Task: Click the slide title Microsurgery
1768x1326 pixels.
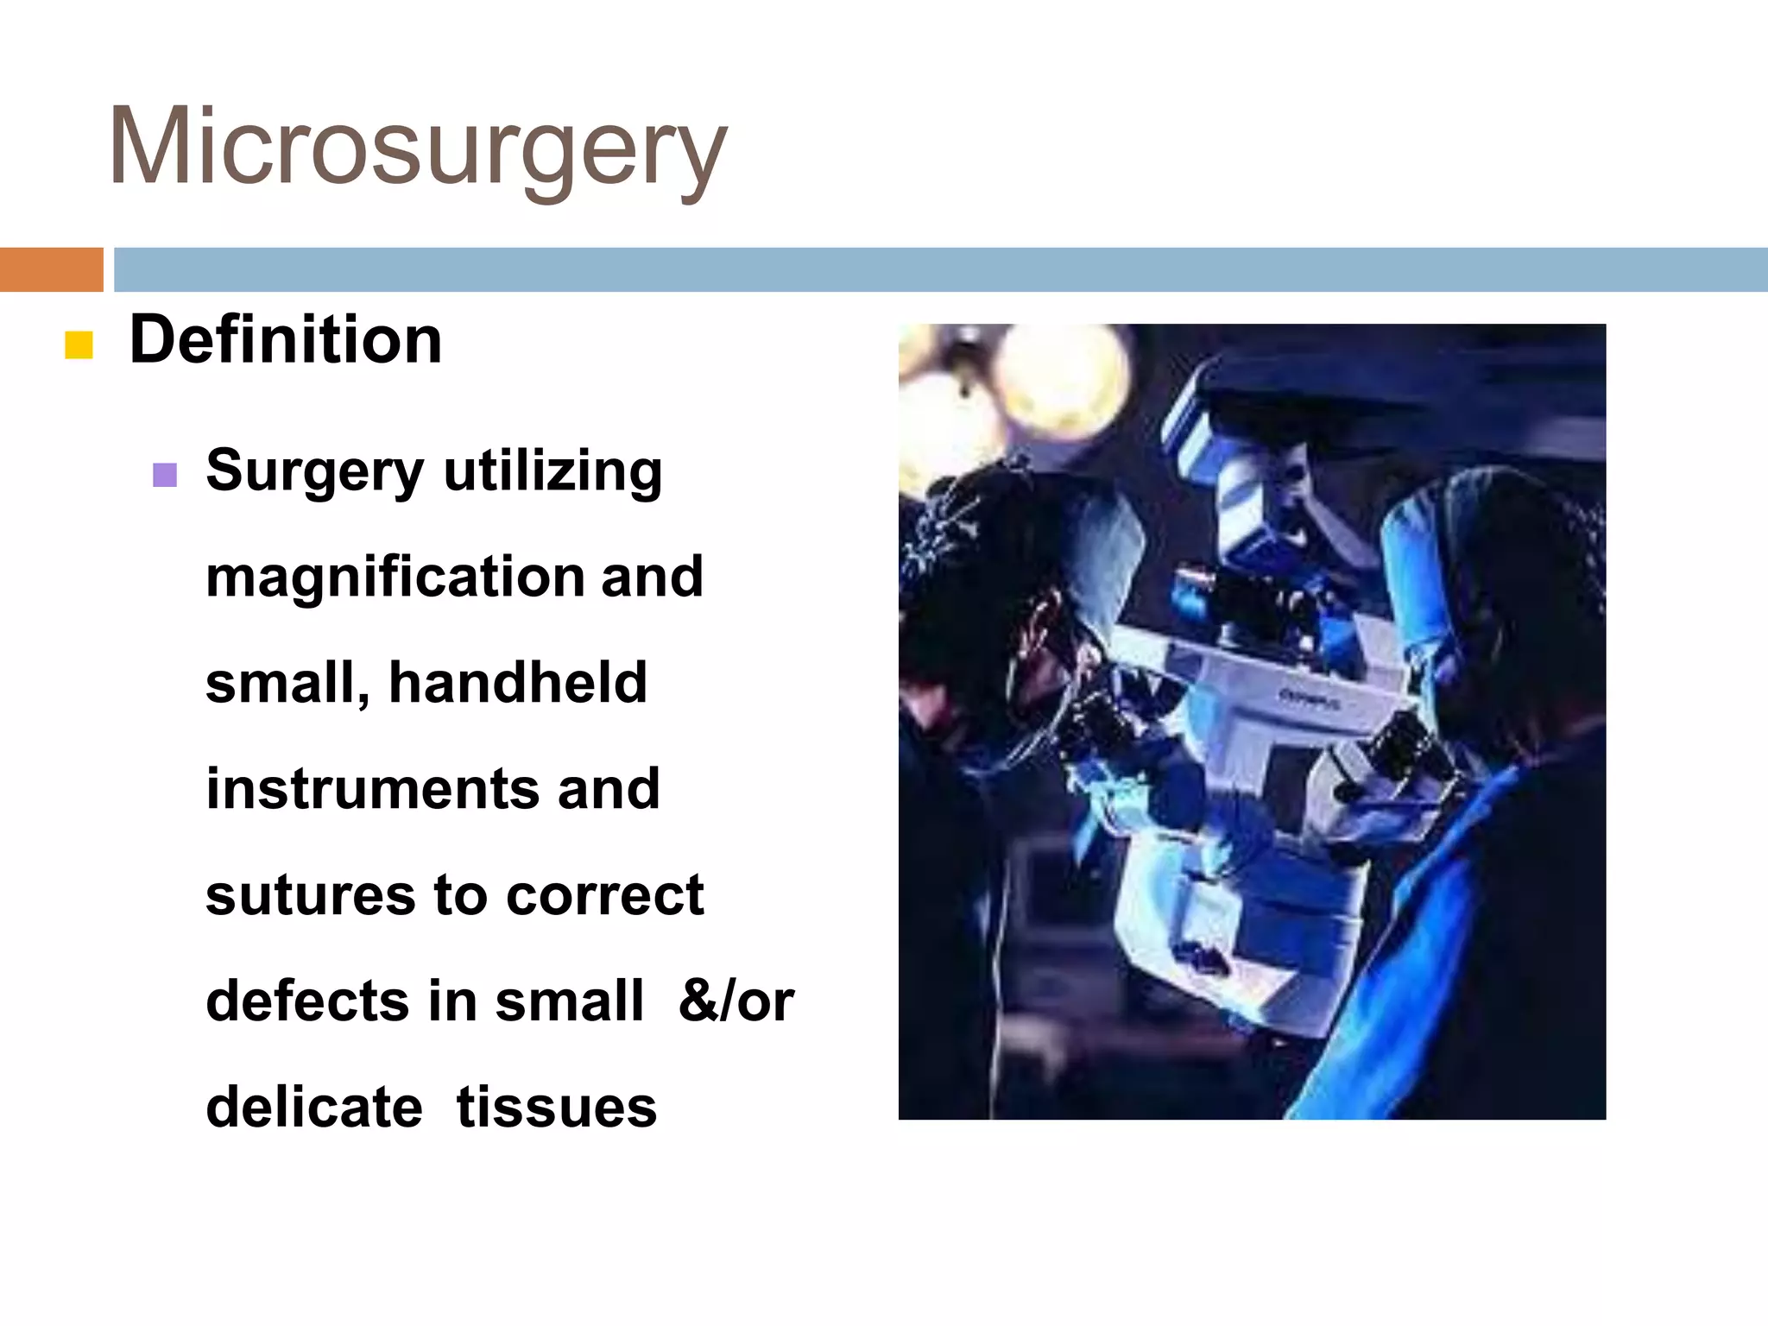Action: pyautogui.click(x=418, y=147)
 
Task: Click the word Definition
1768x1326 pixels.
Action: pyautogui.click(x=286, y=340)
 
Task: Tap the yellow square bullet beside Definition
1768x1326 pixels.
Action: pyautogui.click(x=79, y=344)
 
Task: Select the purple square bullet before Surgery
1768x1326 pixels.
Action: pyautogui.click(x=164, y=475)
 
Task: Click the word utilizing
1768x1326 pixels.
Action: pyautogui.click(x=552, y=471)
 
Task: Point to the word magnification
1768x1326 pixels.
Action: pyautogui.click(x=395, y=577)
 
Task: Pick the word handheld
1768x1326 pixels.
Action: pyautogui.click(x=518, y=683)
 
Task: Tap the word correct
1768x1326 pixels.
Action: pyautogui.click(x=604, y=895)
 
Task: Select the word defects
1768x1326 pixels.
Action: pyautogui.click(x=306, y=1001)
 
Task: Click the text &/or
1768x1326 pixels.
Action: pyautogui.click(x=736, y=1001)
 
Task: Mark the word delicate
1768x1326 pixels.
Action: pyautogui.click(x=314, y=1108)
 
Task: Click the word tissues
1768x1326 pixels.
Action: pyautogui.click(x=556, y=1108)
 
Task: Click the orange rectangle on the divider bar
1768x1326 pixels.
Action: pyautogui.click(x=51, y=269)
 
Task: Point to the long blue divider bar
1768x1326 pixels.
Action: pyautogui.click(x=939, y=269)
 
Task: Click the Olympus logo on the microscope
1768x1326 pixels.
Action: pyautogui.click(x=1310, y=699)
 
